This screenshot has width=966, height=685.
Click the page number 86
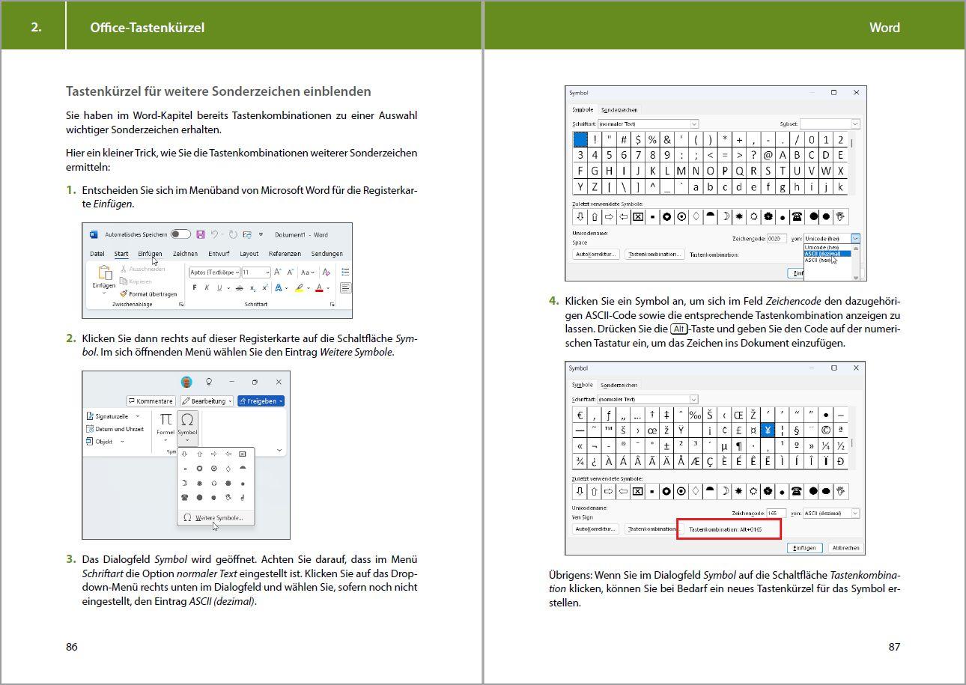[72, 647]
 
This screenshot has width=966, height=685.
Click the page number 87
[894, 647]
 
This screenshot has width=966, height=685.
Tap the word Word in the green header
[884, 28]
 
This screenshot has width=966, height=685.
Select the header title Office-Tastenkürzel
[147, 28]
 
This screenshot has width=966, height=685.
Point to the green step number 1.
[71, 190]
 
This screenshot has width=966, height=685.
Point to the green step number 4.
[553, 301]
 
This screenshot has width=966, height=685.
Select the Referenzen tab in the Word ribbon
[285, 254]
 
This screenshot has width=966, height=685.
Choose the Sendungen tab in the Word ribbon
[326, 254]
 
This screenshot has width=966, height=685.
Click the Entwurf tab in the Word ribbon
[219, 254]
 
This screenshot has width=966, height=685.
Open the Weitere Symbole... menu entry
[219, 518]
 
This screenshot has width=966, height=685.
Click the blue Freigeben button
[261, 401]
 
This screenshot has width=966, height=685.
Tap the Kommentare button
[151, 401]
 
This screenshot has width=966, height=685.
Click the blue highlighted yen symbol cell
[767, 430]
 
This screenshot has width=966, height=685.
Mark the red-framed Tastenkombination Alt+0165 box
[729, 529]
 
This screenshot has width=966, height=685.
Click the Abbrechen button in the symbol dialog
[845, 548]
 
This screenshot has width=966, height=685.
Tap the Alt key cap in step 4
[678, 329]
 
